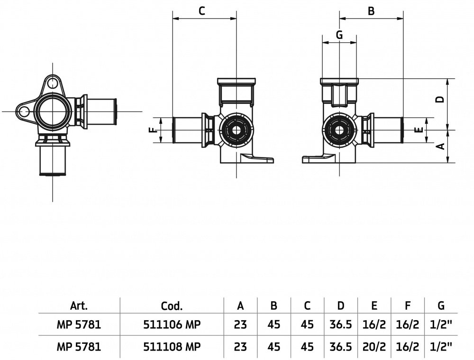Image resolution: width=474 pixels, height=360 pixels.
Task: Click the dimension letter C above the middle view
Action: coord(202,11)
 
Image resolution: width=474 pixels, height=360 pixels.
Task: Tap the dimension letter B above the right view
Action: coord(371,11)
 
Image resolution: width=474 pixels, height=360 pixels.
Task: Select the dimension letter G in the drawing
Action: coord(339,34)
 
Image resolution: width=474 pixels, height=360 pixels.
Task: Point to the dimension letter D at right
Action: coord(440,99)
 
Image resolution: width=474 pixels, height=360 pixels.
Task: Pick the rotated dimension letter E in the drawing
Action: coord(418,130)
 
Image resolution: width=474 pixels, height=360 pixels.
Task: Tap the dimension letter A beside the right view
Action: coord(440,146)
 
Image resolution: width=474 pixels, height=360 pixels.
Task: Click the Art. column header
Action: coord(79,306)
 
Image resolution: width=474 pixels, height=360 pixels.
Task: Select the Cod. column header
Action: coord(172,306)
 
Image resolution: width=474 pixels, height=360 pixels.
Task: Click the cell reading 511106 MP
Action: coord(172,325)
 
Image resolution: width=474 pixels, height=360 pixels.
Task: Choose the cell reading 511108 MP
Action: coord(172,347)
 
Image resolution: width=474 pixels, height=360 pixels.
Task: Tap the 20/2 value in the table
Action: coord(374,347)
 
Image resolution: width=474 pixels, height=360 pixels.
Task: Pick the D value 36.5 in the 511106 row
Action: coord(341,325)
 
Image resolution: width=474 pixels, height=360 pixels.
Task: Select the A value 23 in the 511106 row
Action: coord(240,325)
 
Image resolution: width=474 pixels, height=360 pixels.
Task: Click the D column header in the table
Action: coord(341,306)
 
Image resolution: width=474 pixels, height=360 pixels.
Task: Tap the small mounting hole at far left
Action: coord(22,111)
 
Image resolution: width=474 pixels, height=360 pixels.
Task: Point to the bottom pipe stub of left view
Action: coord(53,161)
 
